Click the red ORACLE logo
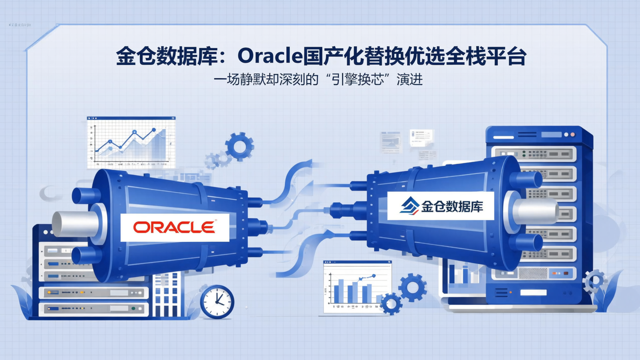pos(174,227)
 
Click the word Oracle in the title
pos(270,56)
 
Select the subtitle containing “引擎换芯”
pos(318,80)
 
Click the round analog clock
pos(217,302)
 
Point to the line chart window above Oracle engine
pos(131,141)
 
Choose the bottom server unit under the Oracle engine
pos(93,308)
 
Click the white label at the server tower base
pos(533,293)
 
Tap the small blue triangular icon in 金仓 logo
pos(409,206)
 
